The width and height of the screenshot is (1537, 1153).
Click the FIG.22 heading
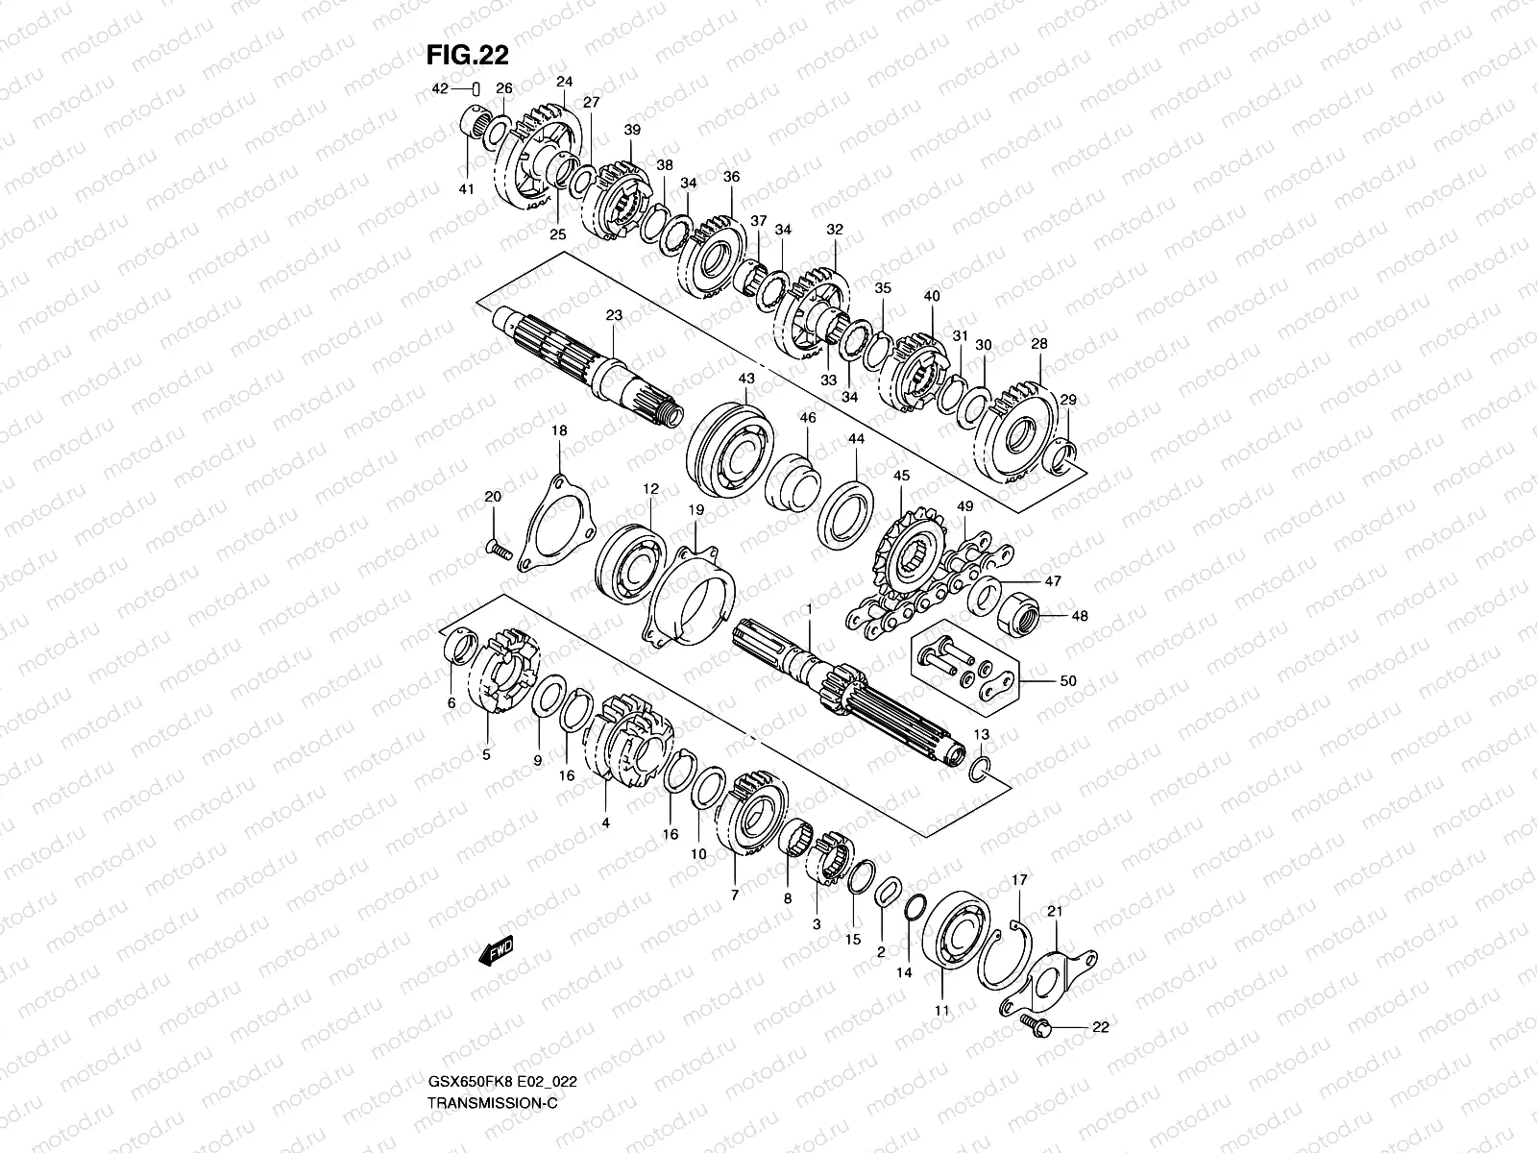pos(467,56)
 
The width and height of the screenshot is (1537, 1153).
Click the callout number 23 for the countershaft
pos(615,315)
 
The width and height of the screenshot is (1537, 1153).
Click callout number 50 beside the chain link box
pos(1067,680)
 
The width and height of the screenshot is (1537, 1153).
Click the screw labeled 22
pos(1034,1024)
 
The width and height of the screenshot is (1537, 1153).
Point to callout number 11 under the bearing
pos(941,1010)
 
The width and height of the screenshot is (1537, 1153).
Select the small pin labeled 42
pos(476,88)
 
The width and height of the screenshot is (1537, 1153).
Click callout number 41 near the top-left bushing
pos(466,189)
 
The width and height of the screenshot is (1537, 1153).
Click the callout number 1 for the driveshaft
pos(809,609)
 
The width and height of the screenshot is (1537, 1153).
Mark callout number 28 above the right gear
pos(1038,343)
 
